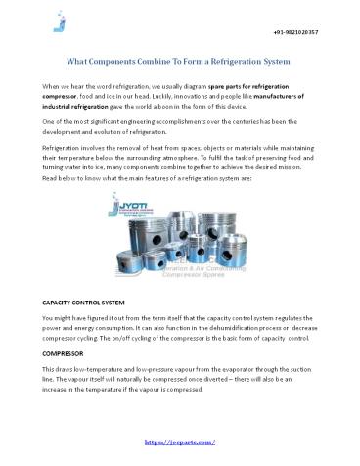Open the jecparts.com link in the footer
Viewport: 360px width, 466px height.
[x=179, y=442]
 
